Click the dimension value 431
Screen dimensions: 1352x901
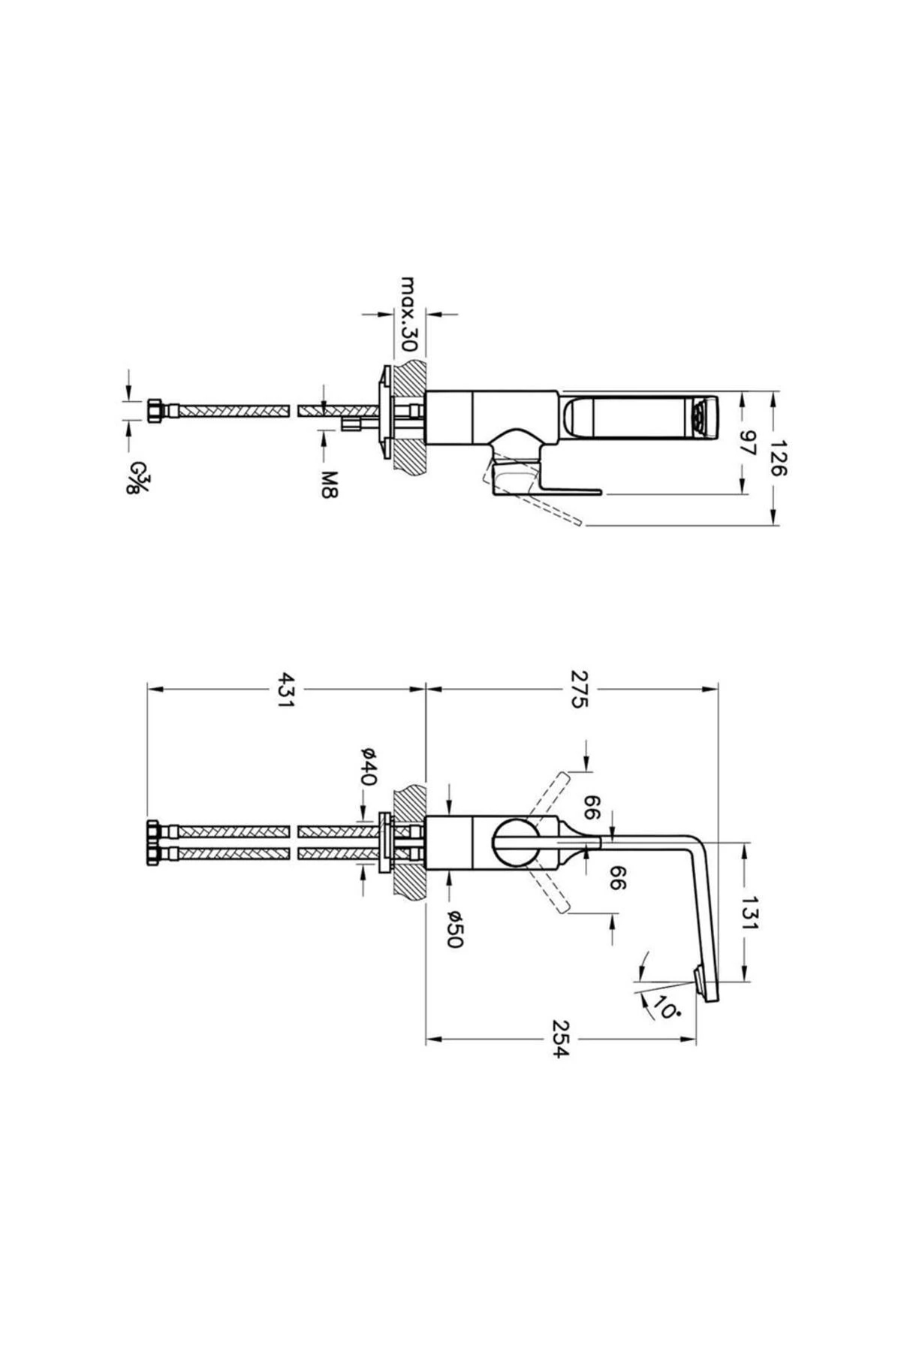click(x=286, y=688)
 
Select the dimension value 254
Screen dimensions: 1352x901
click(x=561, y=1040)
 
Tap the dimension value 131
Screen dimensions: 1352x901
click(x=749, y=913)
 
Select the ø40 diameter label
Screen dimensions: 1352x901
click(x=366, y=766)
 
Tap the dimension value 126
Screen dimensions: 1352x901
click(x=776, y=458)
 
